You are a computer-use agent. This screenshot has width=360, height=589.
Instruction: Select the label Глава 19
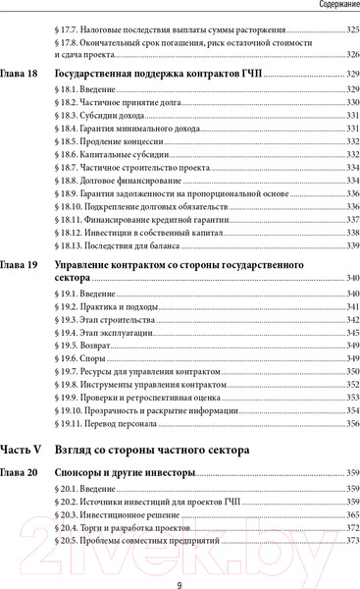click(x=20, y=265)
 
